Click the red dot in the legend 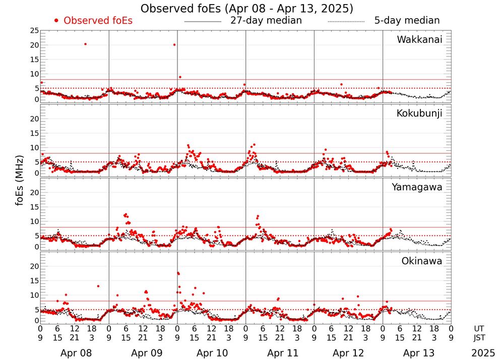56,21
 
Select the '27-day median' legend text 266,21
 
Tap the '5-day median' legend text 407,21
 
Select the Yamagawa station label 417,187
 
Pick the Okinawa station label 422,261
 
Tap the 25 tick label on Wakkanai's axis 34,31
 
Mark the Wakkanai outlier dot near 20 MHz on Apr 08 85,44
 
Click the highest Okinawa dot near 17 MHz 178,273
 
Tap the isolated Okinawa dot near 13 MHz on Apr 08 98,286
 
